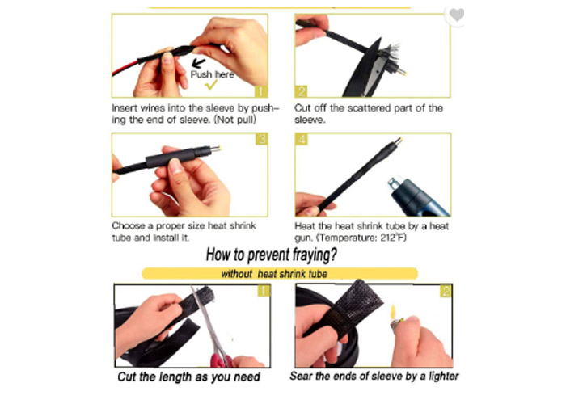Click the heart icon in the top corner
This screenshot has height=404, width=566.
click(x=457, y=15)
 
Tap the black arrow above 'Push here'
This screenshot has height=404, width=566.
click(x=198, y=63)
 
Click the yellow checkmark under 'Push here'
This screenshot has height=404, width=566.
click(x=211, y=85)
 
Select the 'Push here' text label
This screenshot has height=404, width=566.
click(x=212, y=74)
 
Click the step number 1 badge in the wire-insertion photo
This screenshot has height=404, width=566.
click(x=261, y=91)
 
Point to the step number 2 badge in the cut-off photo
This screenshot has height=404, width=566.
click(x=301, y=91)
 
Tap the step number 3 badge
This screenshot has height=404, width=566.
click(x=261, y=139)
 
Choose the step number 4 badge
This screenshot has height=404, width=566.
click(x=302, y=139)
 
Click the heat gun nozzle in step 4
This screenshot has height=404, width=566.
click(x=395, y=184)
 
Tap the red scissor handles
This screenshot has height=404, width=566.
click(x=222, y=361)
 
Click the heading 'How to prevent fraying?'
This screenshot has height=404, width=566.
click(x=272, y=255)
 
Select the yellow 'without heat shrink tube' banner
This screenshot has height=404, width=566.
click(x=280, y=274)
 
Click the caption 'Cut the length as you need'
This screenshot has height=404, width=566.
click(x=188, y=377)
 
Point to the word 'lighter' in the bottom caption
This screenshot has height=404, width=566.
click(x=443, y=377)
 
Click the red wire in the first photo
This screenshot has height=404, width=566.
click(x=125, y=67)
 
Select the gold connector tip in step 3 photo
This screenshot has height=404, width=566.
click(x=216, y=148)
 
